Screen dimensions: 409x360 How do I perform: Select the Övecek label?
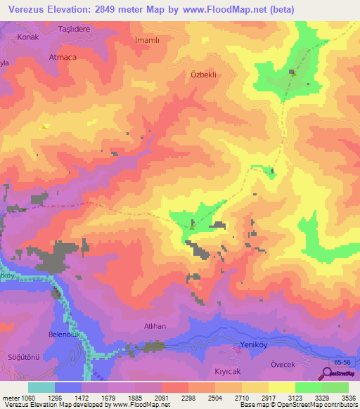coord(285,365)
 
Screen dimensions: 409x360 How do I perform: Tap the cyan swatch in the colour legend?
coord(41,387)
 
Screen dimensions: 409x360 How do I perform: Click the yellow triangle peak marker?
coord(44,127)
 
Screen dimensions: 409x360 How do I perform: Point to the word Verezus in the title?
coord(30,9)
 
